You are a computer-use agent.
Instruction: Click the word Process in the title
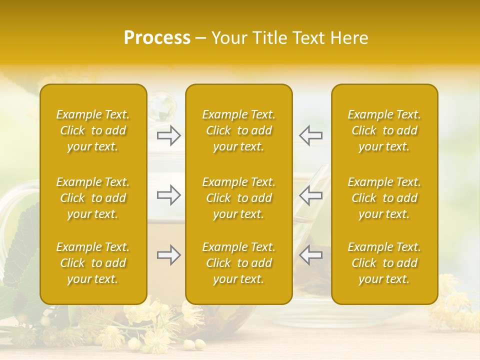tap(157, 38)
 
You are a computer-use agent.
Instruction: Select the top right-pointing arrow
tap(169, 135)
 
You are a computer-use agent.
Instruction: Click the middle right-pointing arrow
tap(169, 195)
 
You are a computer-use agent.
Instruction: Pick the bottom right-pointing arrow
tap(169, 255)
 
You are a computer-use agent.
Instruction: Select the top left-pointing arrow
tap(310, 135)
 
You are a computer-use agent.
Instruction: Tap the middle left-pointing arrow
tap(310, 195)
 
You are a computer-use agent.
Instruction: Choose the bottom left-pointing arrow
tap(310, 255)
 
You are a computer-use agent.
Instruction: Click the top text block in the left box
tap(93, 130)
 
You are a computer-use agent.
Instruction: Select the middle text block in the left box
tap(93, 198)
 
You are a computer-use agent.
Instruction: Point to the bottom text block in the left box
tap(93, 263)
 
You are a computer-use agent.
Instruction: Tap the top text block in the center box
tap(239, 130)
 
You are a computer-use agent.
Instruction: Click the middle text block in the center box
tap(239, 198)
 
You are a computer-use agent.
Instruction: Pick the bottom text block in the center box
tap(239, 263)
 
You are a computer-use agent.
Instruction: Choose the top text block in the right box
tap(384, 130)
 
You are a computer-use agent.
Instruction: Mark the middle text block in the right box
tap(384, 198)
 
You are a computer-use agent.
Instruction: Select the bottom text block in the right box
tap(384, 263)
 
